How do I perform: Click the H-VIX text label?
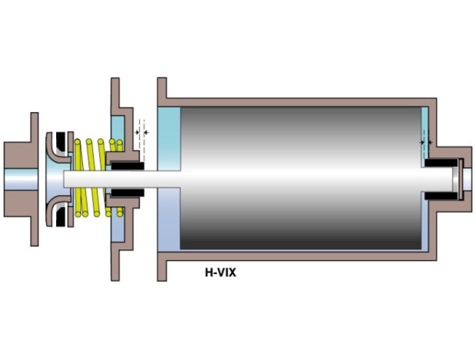coord(220,272)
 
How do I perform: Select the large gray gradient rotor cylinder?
coord(301,178)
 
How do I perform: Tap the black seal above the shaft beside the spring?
coord(127,166)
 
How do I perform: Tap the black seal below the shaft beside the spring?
coord(127,193)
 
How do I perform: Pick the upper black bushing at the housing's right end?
coord(441,163)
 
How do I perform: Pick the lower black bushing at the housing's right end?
coord(441,196)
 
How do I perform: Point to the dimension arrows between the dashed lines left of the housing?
coord(142,132)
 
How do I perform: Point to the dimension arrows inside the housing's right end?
coord(426,142)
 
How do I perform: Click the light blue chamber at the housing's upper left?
coord(169,138)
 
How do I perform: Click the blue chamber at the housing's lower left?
coord(169,220)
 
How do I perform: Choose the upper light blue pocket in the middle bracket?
coord(117,133)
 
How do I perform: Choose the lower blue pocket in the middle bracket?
coord(117,225)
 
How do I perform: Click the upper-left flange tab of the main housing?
coord(162,88)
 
